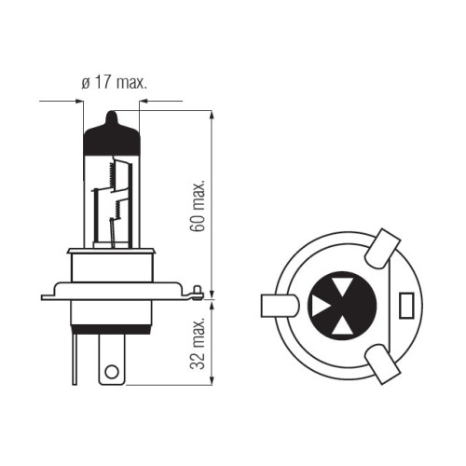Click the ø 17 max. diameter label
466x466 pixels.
pos(114,82)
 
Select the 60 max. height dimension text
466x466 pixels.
pos(198,205)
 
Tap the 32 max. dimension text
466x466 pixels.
pos(198,344)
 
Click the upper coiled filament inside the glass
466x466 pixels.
pos(110,175)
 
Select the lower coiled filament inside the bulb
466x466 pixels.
pos(117,209)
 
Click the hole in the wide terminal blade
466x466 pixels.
pos(112,372)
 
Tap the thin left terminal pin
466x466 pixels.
pos(75,360)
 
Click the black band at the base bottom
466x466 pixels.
pos(112,329)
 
